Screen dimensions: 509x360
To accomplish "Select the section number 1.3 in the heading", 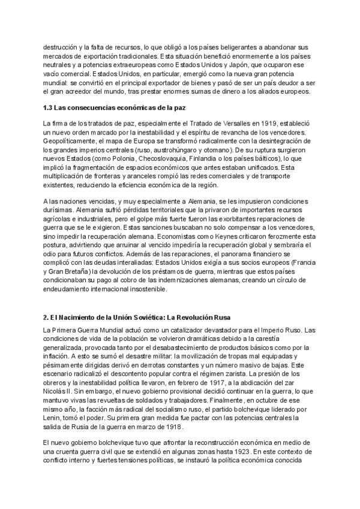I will [52, 109].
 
